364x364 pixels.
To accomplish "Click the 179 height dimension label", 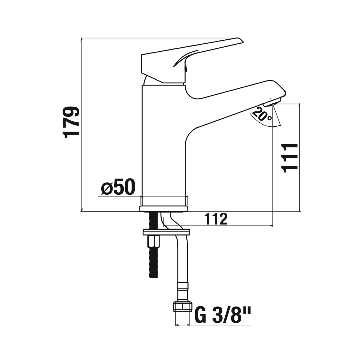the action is pos(71,122).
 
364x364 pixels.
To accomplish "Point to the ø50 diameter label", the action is pos(118,187).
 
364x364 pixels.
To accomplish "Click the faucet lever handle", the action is pos(192,60).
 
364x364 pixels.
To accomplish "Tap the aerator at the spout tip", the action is pos(273,102).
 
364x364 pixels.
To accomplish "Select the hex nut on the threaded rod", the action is pos(153,242).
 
